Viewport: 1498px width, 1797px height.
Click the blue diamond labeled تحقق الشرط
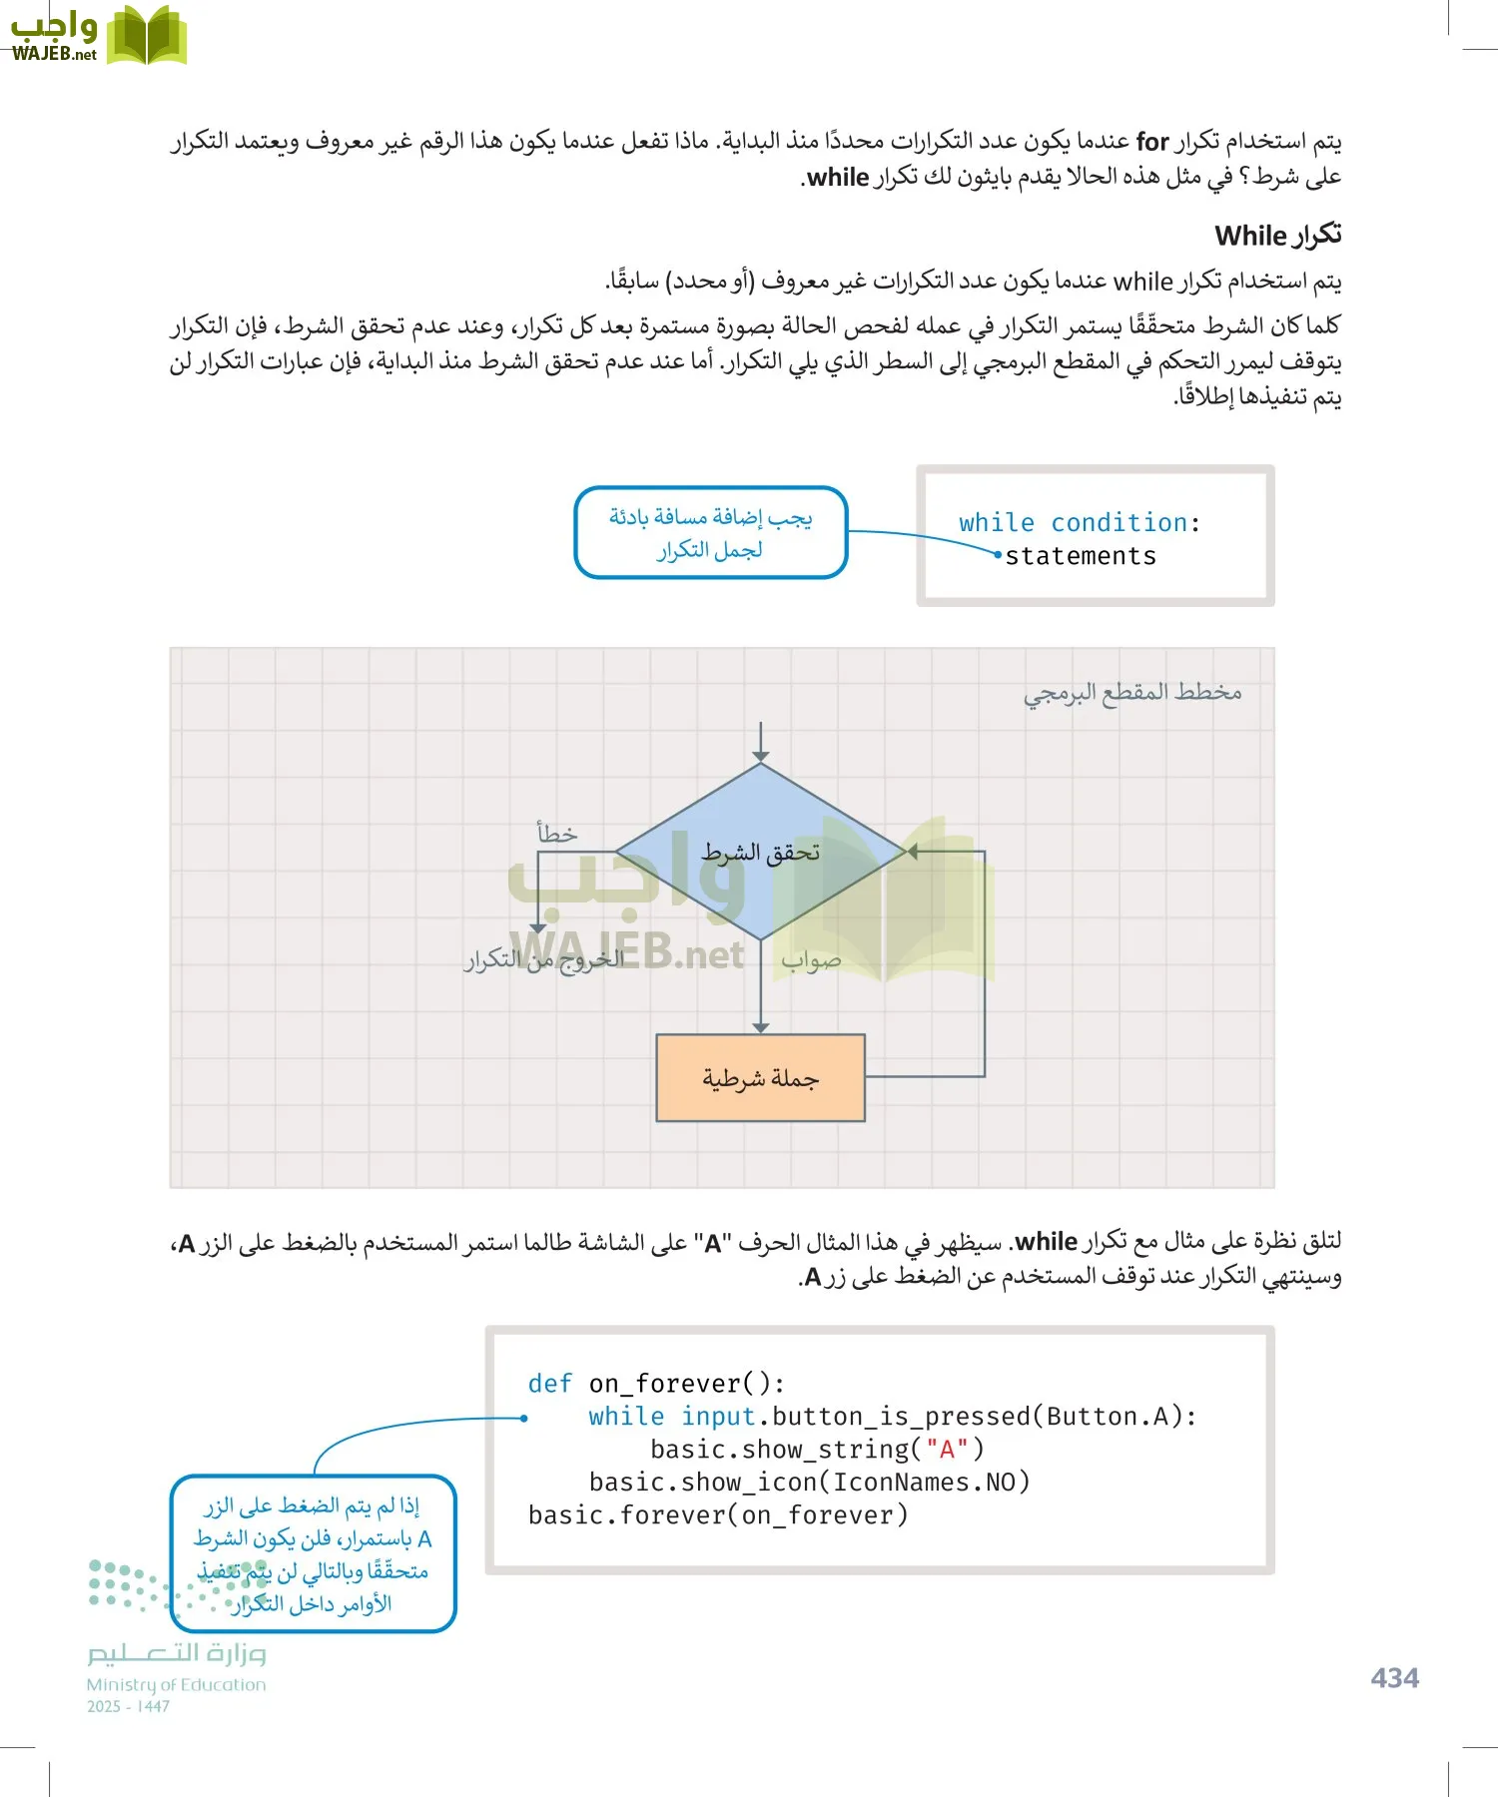pyautogui.click(x=761, y=852)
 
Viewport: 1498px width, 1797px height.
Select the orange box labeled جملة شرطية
pyautogui.click(x=760, y=1078)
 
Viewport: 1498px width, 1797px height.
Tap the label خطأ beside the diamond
pyautogui.click(x=556, y=833)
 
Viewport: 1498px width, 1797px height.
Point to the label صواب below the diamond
pyautogui.click(x=811, y=960)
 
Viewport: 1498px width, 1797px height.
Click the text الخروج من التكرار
pyautogui.click(x=544, y=959)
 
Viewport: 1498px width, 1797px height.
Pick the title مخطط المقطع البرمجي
pyautogui.click(x=1132, y=692)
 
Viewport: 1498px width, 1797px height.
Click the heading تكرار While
pyautogui.click(x=1277, y=236)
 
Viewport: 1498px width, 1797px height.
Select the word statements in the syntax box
pyautogui.click(x=1081, y=556)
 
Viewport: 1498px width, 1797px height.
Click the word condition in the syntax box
pyautogui.click(x=1119, y=522)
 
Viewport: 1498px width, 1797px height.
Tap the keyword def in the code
pyautogui.click(x=550, y=1384)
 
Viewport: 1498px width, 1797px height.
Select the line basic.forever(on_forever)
pyautogui.click(x=718, y=1514)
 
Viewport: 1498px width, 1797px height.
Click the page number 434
pyautogui.click(x=1394, y=1677)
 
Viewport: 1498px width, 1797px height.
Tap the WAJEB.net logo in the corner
pyautogui.click(x=97, y=36)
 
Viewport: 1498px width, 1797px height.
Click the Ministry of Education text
pyautogui.click(x=176, y=1684)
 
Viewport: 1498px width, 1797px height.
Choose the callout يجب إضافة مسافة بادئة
pyautogui.click(x=710, y=532)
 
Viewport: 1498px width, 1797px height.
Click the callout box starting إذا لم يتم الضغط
pyautogui.click(x=313, y=1553)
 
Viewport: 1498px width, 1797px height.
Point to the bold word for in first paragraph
pyautogui.click(x=1152, y=142)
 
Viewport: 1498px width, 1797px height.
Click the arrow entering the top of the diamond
pyautogui.click(x=761, y=744)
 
